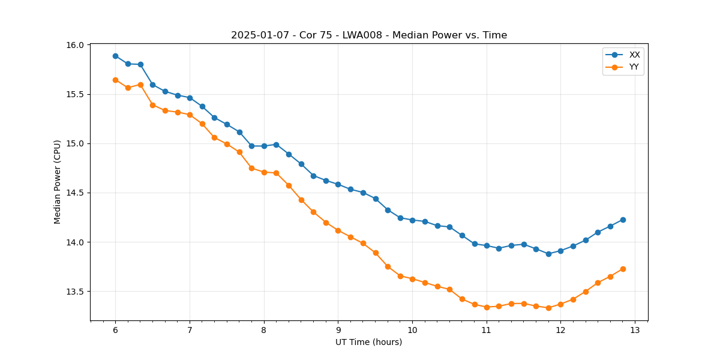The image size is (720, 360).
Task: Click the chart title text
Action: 369,35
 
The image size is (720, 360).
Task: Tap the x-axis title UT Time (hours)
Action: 368,342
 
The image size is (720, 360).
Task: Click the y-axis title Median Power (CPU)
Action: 58,182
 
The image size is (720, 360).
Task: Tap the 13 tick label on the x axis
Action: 635,331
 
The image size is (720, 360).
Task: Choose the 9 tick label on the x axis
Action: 338,331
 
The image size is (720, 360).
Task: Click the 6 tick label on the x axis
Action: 115,331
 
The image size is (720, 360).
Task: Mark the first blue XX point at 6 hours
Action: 115,56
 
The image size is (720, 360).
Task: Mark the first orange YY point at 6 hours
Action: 115,80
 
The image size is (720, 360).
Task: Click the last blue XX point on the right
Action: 623,220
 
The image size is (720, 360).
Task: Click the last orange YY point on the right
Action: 623,269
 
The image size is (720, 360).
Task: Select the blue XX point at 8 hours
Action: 264,146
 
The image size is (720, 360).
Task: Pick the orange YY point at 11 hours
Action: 487,307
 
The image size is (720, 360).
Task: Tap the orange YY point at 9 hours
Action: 338,230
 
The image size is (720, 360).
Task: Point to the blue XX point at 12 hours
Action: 560,251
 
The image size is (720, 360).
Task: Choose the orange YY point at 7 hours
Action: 190,115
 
